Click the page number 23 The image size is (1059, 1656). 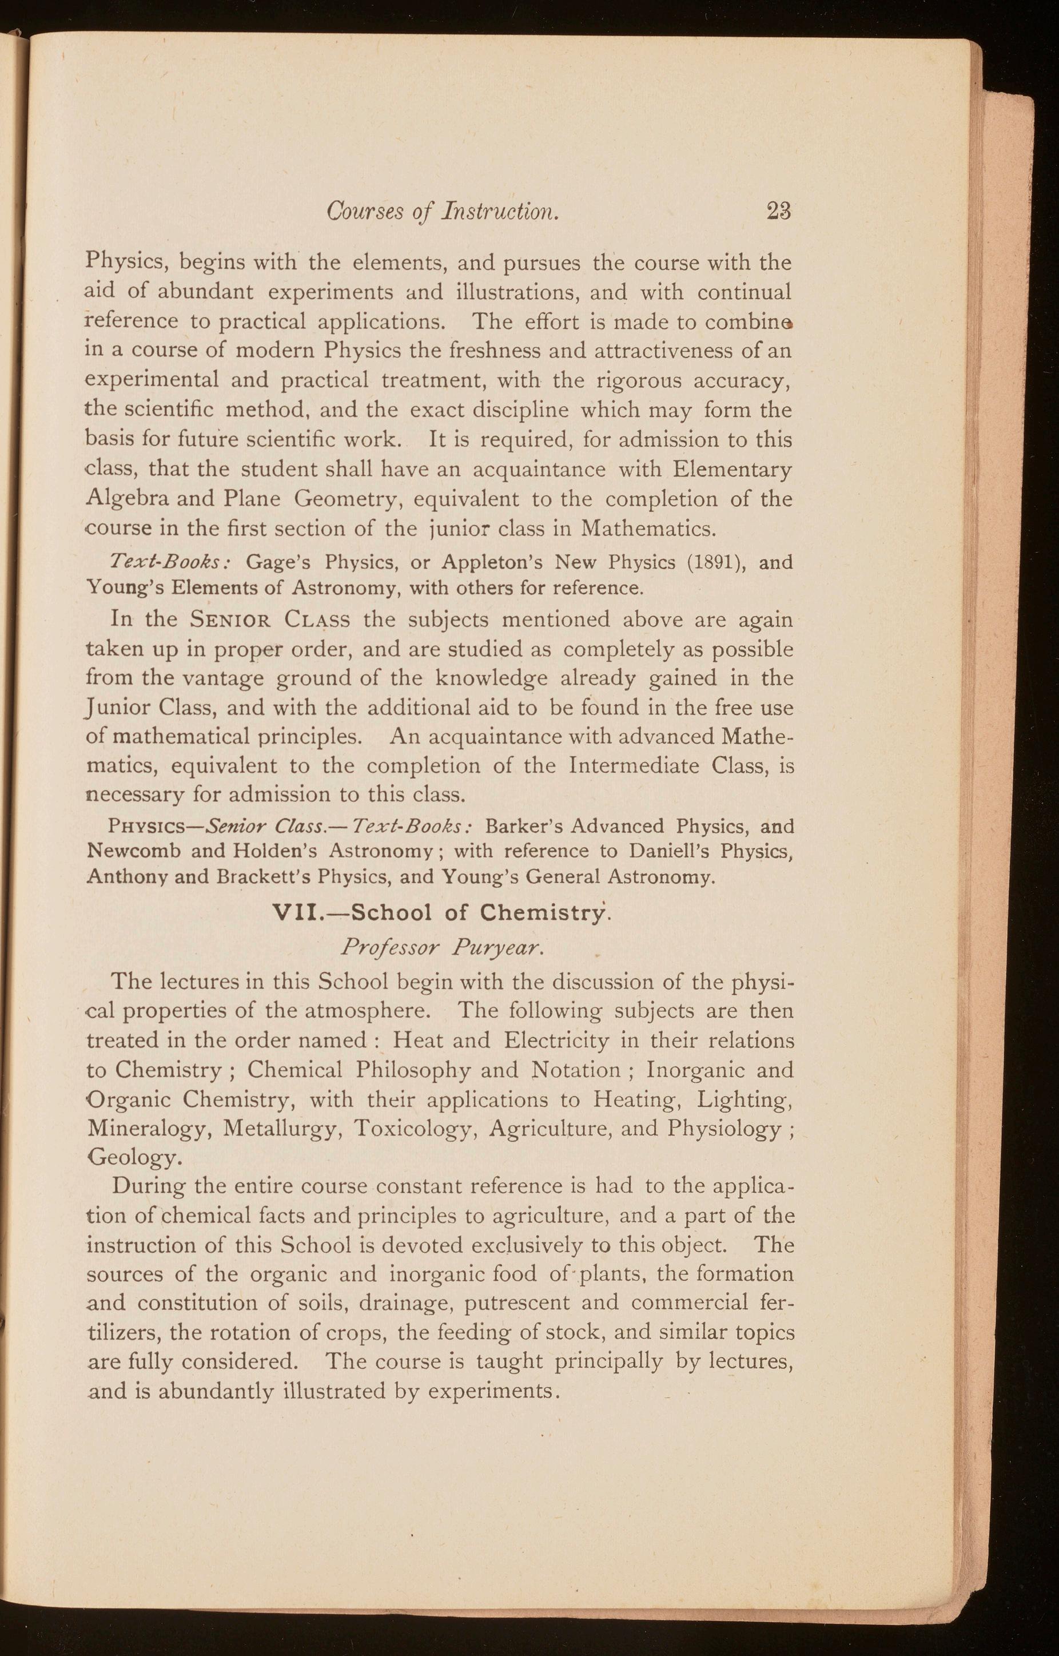[779, 211]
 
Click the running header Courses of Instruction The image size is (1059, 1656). [443, 211]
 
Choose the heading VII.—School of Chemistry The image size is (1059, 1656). [441, 912]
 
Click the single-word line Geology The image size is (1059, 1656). [134, 1159]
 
